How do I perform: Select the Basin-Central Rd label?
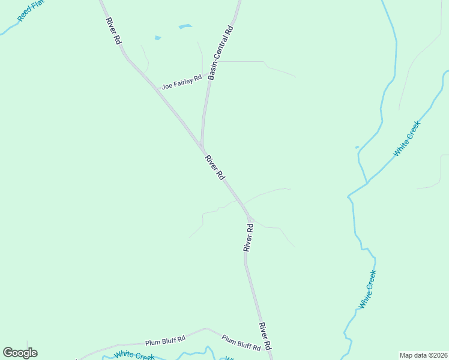[220, 53]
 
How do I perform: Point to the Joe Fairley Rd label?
[181, 83]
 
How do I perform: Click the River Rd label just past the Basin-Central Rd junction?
[214, 167]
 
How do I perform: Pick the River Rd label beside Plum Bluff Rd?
[265, 336]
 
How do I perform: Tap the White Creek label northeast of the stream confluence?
[407, 139]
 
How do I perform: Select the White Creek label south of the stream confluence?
[367, 290]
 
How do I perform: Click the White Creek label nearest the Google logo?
[134, 356]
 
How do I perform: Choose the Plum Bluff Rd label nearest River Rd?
[241, 343]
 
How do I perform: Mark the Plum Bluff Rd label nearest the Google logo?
[165, 340]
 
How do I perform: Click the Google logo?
[20, 353]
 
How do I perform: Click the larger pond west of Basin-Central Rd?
[185, 26]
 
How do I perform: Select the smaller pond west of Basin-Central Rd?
[158, 38]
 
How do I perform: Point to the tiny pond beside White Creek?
[357, 147]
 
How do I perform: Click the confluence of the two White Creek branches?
[367, 182]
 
